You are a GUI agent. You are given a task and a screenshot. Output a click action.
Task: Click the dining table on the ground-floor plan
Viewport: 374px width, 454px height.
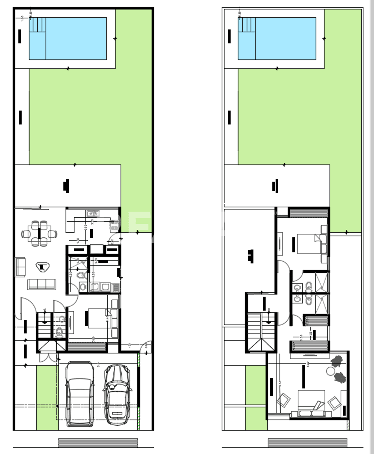(x=39, y=234)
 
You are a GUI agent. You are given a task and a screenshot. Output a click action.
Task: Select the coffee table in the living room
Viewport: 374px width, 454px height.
(x=42, y=267)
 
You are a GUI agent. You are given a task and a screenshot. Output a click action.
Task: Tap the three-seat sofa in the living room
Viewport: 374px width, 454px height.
(x=42, y=284)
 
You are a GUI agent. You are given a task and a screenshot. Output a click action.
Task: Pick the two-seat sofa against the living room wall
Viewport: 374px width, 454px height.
(x=20, y=267)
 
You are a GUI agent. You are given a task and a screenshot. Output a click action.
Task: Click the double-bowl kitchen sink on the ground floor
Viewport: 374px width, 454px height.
(x=93, y=213)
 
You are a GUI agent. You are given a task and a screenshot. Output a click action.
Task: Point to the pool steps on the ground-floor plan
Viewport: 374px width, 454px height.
(x=37, y=24)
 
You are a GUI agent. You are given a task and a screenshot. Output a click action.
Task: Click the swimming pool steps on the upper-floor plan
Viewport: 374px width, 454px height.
(x=247, y=24)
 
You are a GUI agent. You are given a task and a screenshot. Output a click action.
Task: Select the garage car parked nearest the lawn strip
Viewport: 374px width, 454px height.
(x=79, y=393)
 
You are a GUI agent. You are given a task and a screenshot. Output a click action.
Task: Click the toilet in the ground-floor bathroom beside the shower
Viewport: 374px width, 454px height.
(x=81, y=275)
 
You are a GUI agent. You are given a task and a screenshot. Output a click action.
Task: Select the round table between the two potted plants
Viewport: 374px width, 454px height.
(x=331, y=371)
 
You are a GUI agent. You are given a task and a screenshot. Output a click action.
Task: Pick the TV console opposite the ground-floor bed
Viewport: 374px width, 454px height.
(x=71, y=322)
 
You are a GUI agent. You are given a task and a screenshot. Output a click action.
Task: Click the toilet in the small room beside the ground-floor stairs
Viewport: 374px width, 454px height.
(x=59, y=332)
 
